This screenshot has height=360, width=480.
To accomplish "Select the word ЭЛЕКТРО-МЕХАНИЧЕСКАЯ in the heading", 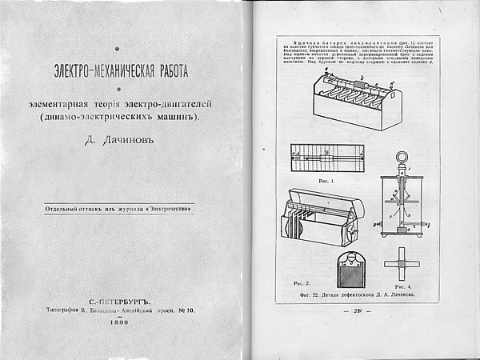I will [x=94, y=70].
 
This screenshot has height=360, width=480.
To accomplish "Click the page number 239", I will [x=357, y=311].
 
